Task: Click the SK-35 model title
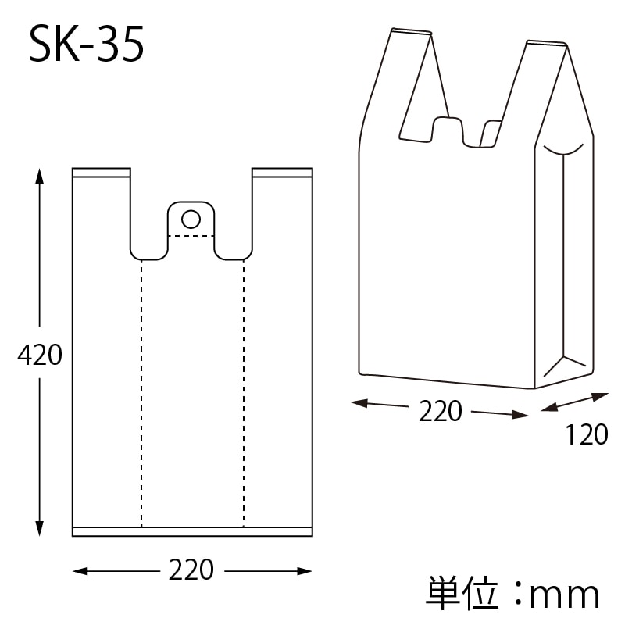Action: (x=87, y=46)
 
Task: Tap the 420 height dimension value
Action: (x=39, y=355)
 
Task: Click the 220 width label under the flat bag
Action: (x=191, y=570)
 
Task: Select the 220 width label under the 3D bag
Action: (x=440, y=411)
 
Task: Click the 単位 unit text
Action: (x=462, y=594)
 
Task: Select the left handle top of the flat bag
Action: (x=102, y=172)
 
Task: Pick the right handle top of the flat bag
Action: (x=282, y=172)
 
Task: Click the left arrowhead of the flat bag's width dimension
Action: (x=79, y=571)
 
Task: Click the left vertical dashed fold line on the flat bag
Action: (x=141, y=391)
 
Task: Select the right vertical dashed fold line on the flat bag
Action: (x=244, y=391)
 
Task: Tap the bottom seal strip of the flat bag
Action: (x=192, y=531)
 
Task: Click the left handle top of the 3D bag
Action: (x=411, y=33)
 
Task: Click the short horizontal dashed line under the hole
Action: (x=191, y=235)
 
